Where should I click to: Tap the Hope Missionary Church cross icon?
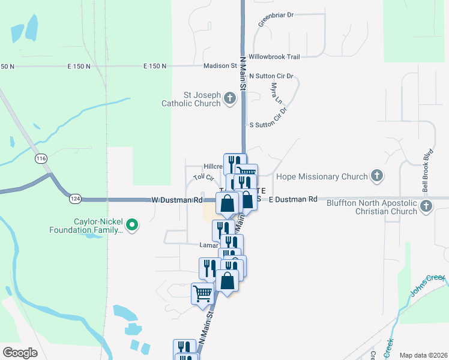tap(376, 176)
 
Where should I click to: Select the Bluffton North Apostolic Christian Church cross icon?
tap(426, 206)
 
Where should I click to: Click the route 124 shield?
tap(75, 198)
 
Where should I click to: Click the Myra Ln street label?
tap(276, 94)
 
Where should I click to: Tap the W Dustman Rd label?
tap(176, 199)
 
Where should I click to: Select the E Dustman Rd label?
tap(292, 199)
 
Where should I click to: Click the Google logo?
tap(20, 353)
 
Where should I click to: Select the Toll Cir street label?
tap(203, 178)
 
